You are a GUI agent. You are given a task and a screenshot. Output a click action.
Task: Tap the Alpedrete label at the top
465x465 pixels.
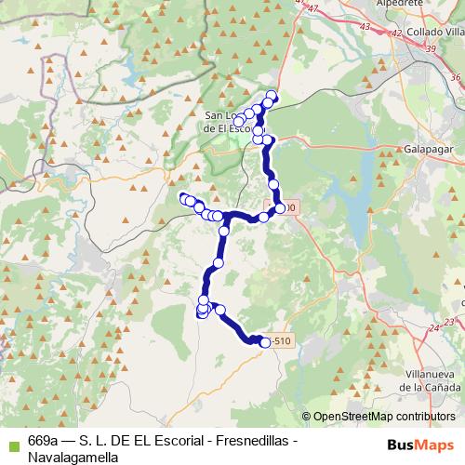[392, 5]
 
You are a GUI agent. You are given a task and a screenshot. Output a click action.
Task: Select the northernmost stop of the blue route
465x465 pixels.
[272, 94]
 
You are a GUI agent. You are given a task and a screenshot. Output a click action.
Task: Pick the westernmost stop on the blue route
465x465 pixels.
[183, 197]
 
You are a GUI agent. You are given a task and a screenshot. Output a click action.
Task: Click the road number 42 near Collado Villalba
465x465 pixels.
[397, 33]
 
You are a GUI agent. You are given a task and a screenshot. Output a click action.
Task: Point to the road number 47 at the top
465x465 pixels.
[313, 8]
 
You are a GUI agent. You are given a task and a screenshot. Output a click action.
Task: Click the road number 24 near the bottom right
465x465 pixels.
[433, 328]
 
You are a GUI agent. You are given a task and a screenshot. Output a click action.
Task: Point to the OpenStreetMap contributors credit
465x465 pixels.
[385, 417]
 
